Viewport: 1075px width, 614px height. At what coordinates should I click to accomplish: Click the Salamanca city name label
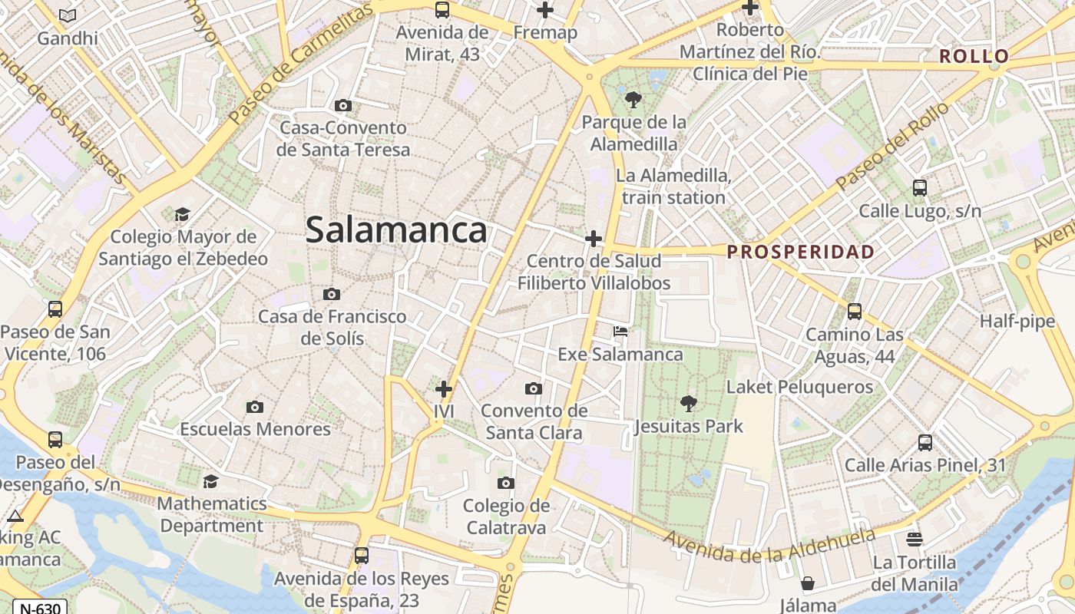tap(396, 230)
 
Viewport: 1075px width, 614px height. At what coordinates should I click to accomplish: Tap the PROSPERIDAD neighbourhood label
tap(801, 252)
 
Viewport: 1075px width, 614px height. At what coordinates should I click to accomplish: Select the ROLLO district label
tap(974, 56)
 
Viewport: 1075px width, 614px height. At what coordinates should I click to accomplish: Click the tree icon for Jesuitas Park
tap(688, 403)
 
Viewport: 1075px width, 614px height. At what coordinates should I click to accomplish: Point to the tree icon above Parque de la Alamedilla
tap(633, 99)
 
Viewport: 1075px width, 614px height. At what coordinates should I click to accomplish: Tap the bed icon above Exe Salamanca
tap(620, 332)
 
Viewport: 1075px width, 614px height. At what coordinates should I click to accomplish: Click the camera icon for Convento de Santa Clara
tap(534, 388)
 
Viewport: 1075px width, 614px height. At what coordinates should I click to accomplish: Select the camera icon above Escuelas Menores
tap(255, 407)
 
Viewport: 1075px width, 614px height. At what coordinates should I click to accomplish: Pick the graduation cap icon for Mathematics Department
tap(210, 481)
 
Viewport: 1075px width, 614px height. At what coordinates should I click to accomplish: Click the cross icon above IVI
tap(444, 389)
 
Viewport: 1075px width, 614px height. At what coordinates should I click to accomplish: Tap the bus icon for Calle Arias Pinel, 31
tap(925, 443)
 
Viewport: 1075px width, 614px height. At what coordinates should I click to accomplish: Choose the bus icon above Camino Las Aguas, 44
tap(855, 312)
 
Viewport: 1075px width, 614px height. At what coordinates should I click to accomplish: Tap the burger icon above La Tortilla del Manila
tap(914, 539)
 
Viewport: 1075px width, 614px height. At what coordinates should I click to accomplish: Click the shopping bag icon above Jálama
tap(807, 583)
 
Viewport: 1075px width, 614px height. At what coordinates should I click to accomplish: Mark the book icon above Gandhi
tap(68, 15)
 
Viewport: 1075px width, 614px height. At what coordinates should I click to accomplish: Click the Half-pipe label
tap(1017, 322)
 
